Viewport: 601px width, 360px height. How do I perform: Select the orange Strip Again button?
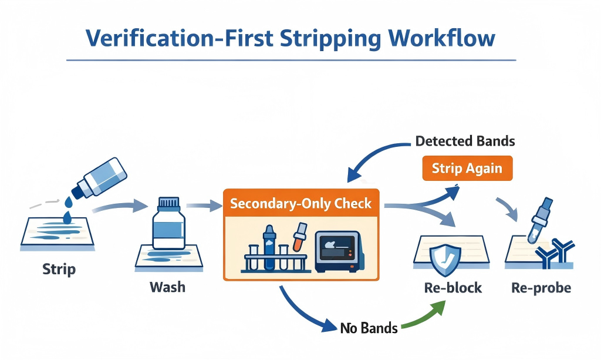tap(467, 168)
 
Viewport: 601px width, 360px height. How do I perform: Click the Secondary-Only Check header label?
tap(301, 203)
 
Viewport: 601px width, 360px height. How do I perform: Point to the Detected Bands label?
tap(465, 141)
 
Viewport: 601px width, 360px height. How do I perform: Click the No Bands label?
tap(369, 327)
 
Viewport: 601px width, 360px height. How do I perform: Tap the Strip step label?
tap(59, 270)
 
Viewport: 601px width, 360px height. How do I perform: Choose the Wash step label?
tap(167, 287)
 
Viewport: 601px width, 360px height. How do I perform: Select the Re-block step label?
tap(453, 288)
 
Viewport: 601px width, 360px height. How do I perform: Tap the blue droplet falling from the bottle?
tap(69, 201)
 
